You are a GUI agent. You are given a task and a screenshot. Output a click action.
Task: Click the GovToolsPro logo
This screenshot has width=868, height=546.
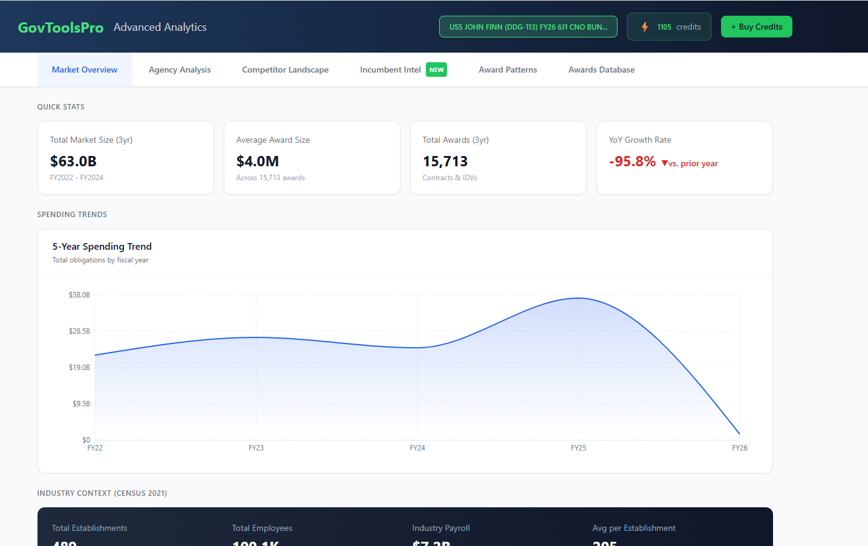click(60, 28)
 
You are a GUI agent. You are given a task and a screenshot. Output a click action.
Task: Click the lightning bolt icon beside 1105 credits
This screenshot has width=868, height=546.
click(645, 27)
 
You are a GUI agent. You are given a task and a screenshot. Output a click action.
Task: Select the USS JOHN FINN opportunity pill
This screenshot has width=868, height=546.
click(528, 27)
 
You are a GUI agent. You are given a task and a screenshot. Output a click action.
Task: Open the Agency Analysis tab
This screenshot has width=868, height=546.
click(180, 70)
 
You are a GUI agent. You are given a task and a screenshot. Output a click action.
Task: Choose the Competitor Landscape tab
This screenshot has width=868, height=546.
click(285, 70)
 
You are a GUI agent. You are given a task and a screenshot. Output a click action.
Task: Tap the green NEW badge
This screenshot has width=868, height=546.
click(436, 70)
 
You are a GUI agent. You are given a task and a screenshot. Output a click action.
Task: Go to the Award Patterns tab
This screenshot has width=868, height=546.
click(507, 70)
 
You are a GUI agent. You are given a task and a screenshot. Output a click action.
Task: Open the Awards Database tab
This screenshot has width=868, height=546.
click(601, 70)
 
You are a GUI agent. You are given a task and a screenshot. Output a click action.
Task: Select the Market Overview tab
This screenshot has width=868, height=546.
click(85, 70)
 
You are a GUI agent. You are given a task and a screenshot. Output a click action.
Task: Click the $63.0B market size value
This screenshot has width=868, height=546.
click(73, 161)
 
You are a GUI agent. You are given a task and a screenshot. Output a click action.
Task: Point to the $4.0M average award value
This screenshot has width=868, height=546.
click(258, 161)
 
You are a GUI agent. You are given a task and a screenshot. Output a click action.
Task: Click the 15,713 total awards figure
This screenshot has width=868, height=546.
click(445, 161)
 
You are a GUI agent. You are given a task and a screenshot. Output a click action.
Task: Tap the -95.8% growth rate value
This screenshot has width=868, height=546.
click(632, 161)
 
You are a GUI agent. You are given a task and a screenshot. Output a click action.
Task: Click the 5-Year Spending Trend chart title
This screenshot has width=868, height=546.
click(102, 247)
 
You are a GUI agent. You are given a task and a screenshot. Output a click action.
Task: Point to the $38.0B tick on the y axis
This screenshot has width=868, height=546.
click(79, 295)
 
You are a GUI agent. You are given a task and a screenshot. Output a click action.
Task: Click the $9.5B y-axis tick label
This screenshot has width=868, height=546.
click(81, 404)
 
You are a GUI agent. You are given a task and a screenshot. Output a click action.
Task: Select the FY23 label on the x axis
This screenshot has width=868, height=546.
click(256, 448)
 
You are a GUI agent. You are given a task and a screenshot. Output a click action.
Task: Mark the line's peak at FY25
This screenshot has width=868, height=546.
click(578, 297)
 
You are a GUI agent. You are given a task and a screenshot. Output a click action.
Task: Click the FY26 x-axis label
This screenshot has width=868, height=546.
click(739, 448)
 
